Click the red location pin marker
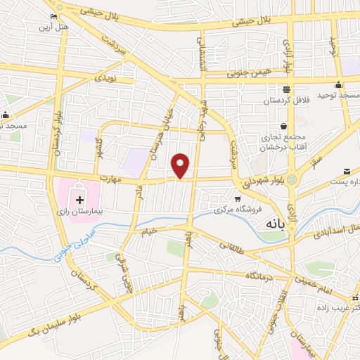(x=181, y=165)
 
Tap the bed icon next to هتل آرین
(x=54, y=16)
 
